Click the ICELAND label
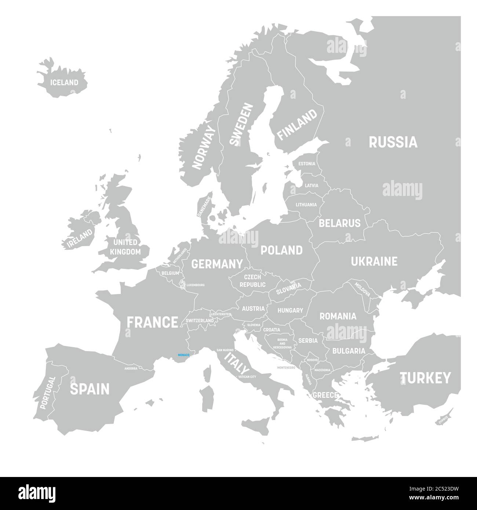(65, 83)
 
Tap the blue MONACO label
(183, 355)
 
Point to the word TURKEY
(425, 378)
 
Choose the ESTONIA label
(306, 164)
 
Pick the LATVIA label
(312, 186)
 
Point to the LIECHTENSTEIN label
(221, 314)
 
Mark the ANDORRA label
(131, 368)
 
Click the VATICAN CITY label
(247, 377)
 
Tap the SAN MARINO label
(225, 350)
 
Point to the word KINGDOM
(125, 252)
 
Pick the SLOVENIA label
(254, 325)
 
